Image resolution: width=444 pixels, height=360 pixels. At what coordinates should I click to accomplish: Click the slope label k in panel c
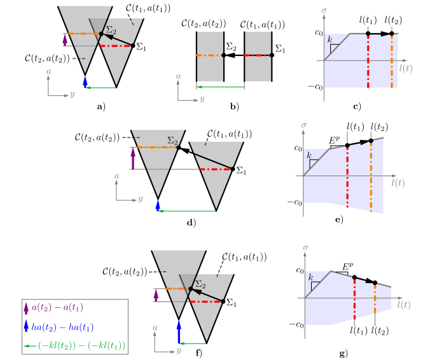(x=330, y=40)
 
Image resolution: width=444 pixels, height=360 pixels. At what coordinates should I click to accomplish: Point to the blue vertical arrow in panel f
(x=179, y=333)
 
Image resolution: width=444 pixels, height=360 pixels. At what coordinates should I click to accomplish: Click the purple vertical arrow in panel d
(x=132, y=158)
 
